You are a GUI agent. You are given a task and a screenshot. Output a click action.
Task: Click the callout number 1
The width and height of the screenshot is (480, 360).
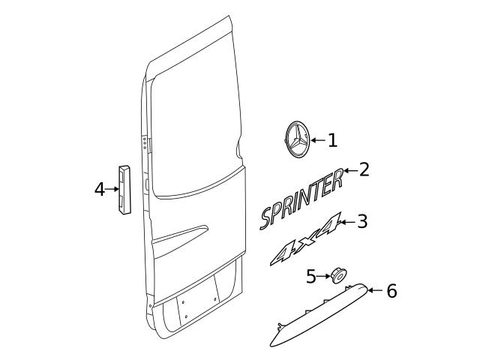click(x=332, y=140)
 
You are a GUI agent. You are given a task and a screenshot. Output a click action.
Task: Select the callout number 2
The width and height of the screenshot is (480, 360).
click(x=364, y=169)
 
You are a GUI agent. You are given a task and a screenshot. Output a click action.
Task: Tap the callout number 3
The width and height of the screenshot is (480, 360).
click(x=362, y=221)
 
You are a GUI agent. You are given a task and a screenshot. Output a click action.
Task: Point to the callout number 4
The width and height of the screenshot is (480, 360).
click(x=99, y=189)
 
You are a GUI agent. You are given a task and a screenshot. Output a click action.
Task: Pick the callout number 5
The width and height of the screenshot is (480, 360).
click(x=311, y=277)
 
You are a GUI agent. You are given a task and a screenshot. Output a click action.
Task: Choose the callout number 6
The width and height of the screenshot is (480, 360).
click(x=391, y=290)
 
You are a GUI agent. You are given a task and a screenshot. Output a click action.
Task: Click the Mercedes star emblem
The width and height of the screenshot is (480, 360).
click(x=295, y=141)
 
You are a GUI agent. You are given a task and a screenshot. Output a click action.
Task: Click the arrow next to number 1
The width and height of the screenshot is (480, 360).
click(x=316, y=140)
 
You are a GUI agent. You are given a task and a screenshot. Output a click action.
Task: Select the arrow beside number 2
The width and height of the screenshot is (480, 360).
click(x=349, y=170)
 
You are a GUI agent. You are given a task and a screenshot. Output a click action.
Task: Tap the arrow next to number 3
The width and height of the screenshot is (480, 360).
click(x=346, y=222)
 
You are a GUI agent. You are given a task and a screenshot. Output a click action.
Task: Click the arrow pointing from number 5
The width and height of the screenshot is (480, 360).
click(x=323, y=277)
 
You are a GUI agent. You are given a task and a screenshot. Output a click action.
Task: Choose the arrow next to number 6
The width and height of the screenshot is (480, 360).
click(x=375, y=289)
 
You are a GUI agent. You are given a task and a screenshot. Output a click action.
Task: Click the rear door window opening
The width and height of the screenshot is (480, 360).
click(x=195, y=112)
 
